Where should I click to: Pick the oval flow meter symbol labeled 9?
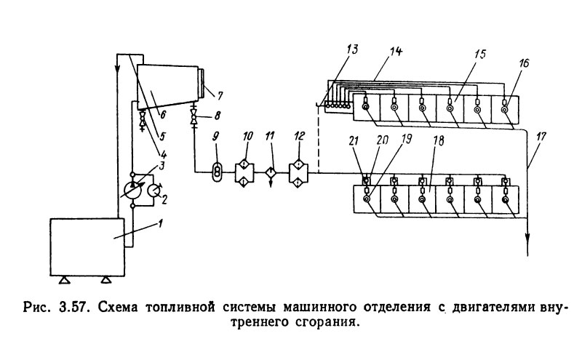point(216,172)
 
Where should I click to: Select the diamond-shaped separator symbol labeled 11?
point(271,172)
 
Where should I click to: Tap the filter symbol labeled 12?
point(299,172)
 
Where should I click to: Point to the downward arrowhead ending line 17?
point(528,247)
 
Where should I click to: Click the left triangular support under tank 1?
point(63,280)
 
